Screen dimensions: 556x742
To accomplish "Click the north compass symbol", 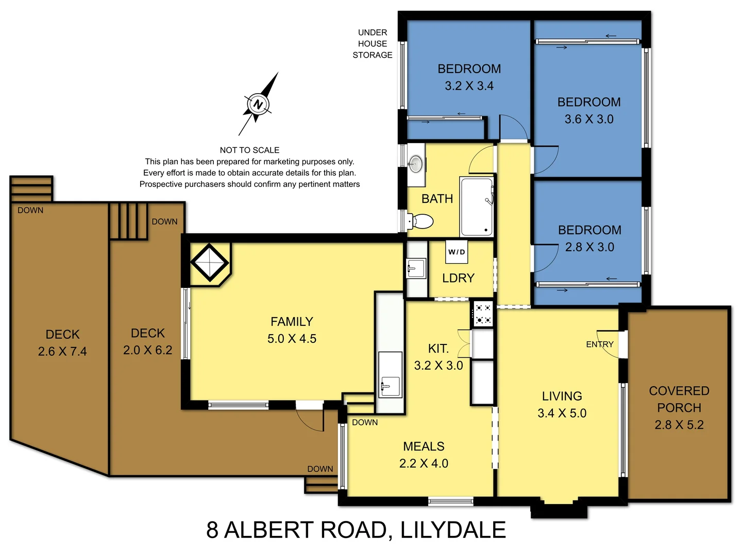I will (258, 105).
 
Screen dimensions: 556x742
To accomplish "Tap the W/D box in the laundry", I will (457, 252).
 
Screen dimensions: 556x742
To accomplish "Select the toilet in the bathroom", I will (421, 221).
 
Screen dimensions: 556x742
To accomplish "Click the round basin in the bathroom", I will (415, 164).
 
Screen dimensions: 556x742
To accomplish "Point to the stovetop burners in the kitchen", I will (483, 314).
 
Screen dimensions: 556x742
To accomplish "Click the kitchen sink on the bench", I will (390, 384).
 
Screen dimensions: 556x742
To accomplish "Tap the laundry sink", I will (416, 268).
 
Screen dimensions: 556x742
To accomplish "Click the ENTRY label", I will (600, 344).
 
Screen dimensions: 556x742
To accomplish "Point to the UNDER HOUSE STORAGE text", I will (373, 44).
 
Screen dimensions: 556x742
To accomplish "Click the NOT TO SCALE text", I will (249, 150).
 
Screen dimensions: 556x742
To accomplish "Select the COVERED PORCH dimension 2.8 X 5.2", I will (679, 425).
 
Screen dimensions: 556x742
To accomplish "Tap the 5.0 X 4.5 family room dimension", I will (292, 339).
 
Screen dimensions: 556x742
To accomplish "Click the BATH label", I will (437, 199).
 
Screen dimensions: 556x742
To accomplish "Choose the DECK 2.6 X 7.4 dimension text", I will (62, 352).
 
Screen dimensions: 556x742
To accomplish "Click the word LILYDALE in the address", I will (453, 530).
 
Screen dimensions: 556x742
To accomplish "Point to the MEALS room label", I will (424, 446).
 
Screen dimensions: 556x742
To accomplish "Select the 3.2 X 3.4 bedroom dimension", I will (469, 86).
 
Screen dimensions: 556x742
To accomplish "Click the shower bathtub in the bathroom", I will (477, 207).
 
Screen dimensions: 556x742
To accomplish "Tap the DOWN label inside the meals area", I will (365, 423).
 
